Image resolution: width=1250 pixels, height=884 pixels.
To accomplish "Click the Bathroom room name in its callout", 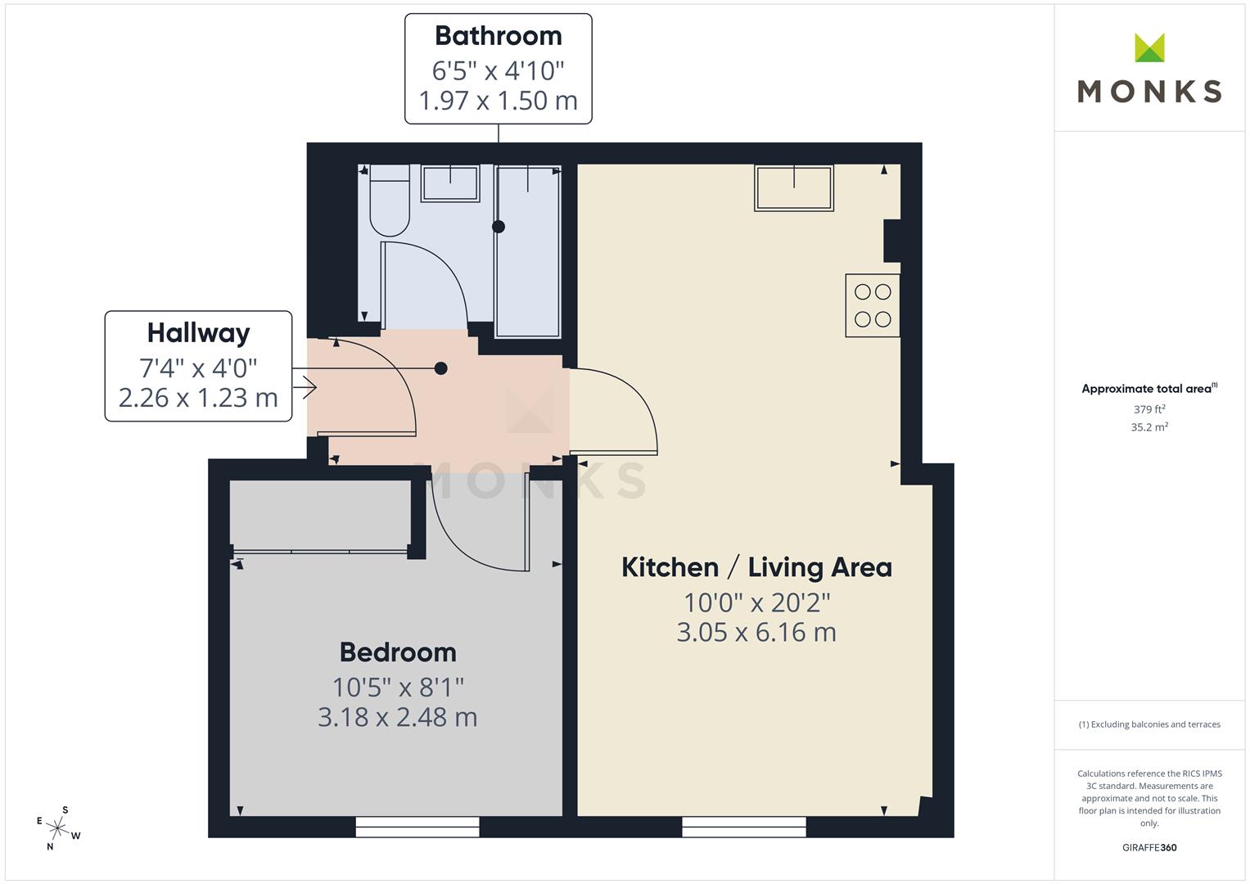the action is tap(499, 36).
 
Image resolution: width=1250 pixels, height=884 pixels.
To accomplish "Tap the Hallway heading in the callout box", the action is tap(199, 333).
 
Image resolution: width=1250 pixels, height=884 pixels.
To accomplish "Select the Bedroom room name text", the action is tap(398, 652).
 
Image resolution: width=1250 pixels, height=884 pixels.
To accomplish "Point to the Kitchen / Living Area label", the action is tap(756, 567).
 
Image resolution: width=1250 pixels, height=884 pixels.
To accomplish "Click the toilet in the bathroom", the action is tap(390, 200).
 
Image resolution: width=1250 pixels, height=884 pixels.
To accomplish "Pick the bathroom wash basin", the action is tap(450, 183).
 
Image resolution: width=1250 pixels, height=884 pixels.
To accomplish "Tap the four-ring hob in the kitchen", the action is tap(873, 305).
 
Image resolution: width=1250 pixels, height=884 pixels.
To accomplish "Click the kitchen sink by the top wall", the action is tap(794, 187).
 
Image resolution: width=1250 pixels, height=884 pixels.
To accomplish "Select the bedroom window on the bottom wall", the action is tap(417, 827).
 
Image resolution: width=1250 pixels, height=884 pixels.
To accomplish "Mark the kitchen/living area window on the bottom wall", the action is tap(744, 827).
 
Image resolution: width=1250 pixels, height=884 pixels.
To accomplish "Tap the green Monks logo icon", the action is tap(1149, 47).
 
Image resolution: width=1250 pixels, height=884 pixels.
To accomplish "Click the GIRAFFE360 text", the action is tap(1149, 847).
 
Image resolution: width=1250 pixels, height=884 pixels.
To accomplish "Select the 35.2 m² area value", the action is tap(1149, 427).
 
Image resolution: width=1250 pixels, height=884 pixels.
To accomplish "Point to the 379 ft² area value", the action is tap(1149, 409).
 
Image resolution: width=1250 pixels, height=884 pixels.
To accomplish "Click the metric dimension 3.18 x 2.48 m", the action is tap(398, 717).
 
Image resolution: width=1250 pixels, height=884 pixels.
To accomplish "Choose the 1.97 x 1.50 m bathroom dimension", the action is tap(499, 101).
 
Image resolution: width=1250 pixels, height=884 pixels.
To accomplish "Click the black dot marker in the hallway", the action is tap(441, 368).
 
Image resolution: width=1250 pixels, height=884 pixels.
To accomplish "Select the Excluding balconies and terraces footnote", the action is tap(1149, 724).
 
